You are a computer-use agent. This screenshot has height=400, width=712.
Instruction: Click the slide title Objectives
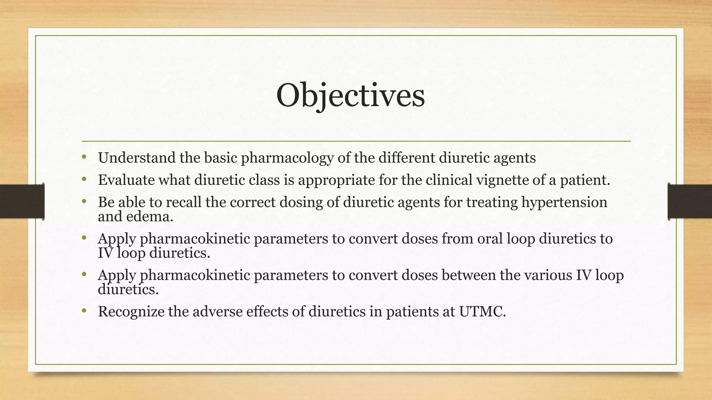[350, 95]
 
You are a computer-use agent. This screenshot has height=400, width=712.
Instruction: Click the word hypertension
[564, 202]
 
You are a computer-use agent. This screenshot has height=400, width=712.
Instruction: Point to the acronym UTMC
[482, 311]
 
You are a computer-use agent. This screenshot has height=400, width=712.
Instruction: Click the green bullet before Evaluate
[84, 179]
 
